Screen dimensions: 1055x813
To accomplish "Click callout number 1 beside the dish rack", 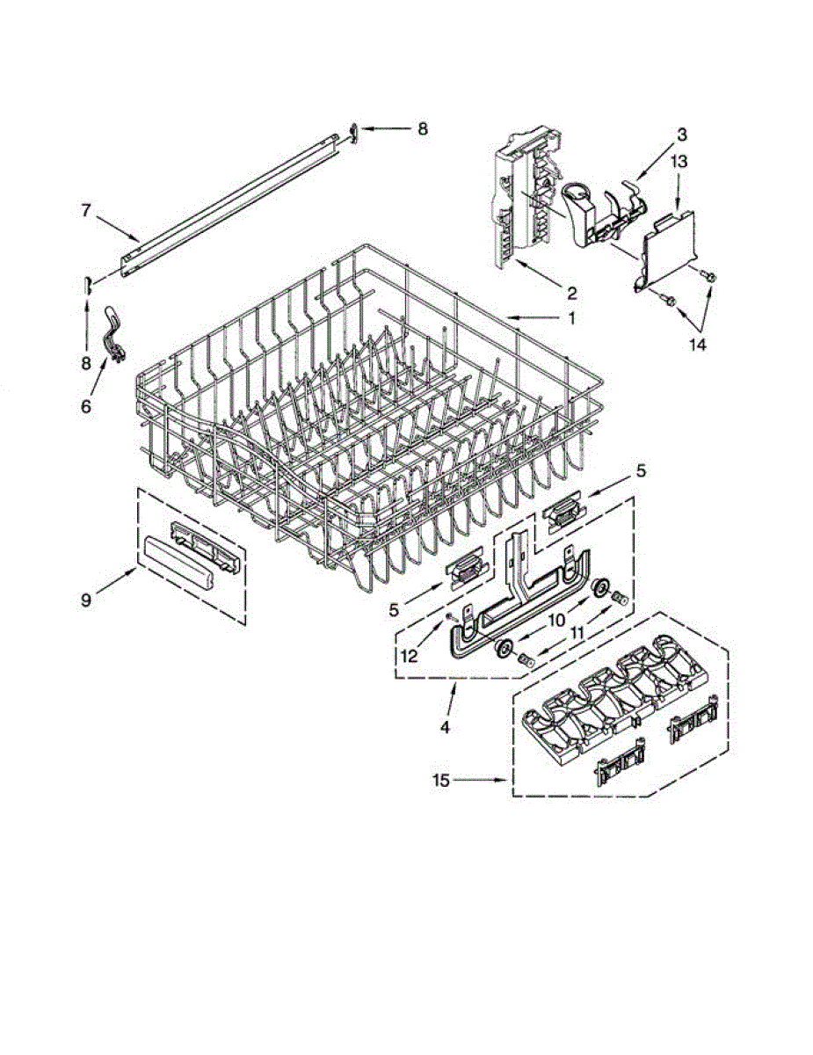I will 571,319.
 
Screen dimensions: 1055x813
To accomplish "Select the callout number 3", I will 681,135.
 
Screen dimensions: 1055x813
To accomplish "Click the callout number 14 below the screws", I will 696,346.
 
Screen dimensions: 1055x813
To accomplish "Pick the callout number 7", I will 86,211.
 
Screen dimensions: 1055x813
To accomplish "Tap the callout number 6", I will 86,407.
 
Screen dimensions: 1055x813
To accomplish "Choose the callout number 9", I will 86,600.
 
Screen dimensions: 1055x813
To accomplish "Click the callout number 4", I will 445,727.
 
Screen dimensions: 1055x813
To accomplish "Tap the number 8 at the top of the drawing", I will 423,129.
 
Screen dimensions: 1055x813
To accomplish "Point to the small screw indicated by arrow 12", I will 450,616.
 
